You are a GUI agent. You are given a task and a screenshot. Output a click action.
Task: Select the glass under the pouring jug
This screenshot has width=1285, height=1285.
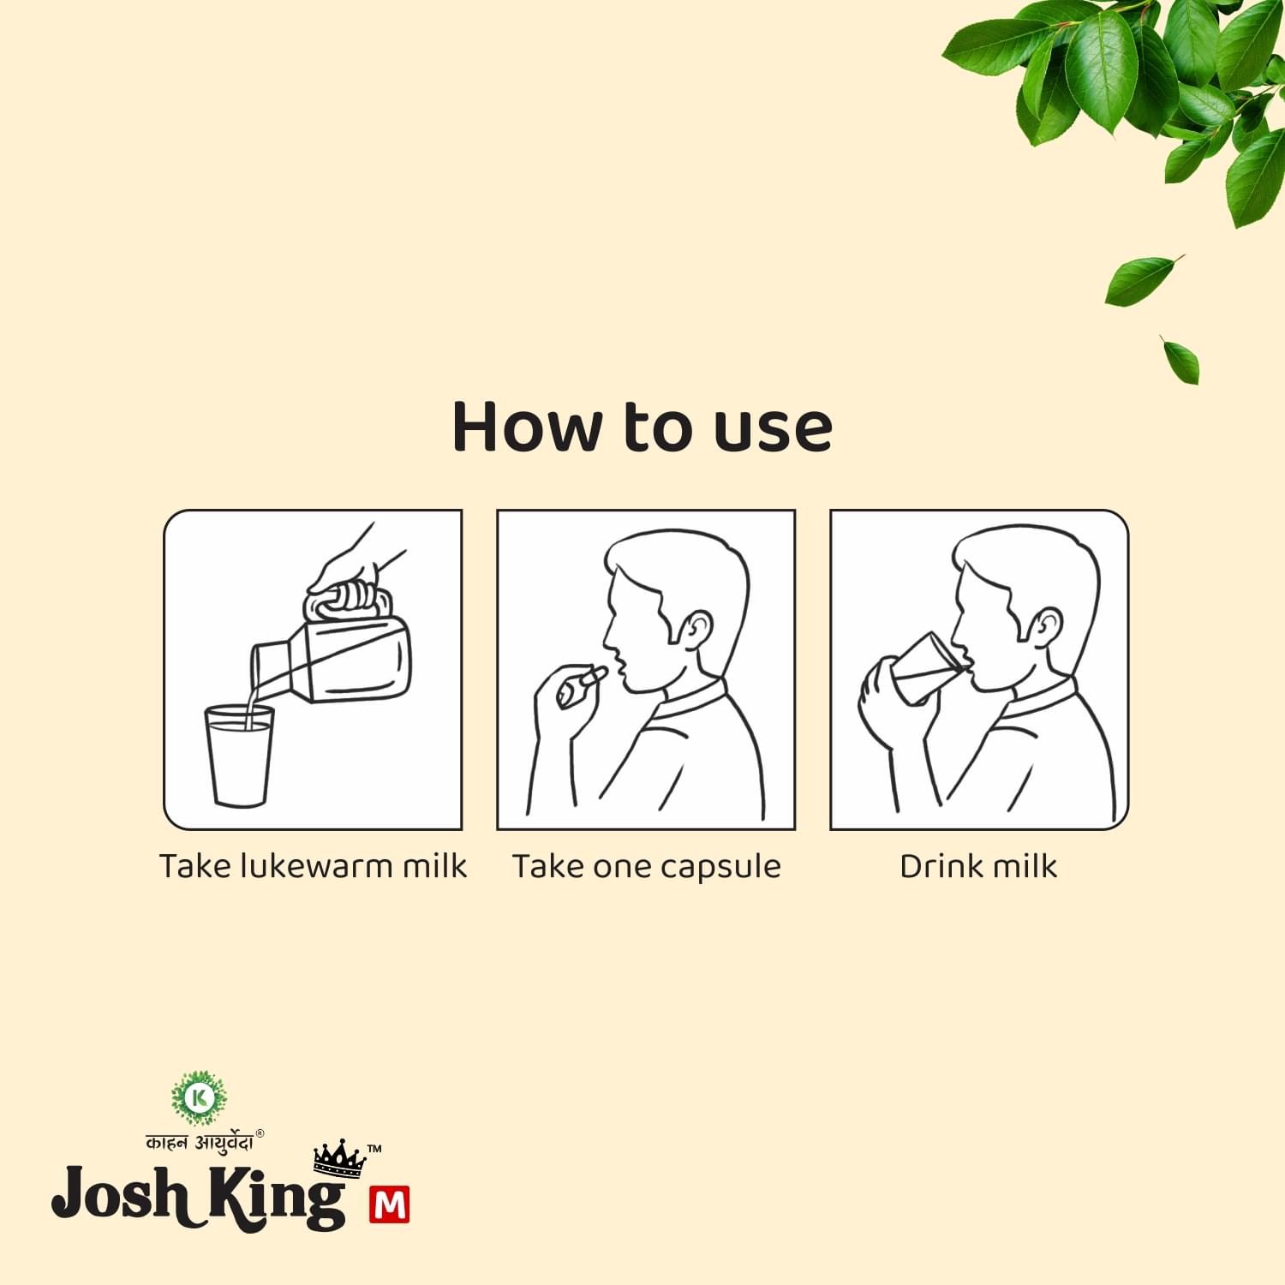[239, 756]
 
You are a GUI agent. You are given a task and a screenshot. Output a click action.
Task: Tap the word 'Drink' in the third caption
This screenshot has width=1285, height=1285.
[940, 866]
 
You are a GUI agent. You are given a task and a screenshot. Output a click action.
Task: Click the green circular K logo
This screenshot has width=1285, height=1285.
[200, 1097]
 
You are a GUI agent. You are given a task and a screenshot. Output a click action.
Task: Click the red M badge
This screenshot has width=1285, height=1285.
[390, 1204]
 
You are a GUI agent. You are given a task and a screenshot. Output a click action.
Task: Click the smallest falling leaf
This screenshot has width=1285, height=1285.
[1181, 359]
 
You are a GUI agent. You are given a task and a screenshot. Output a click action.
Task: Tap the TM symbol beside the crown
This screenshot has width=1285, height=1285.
[374, 1148]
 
